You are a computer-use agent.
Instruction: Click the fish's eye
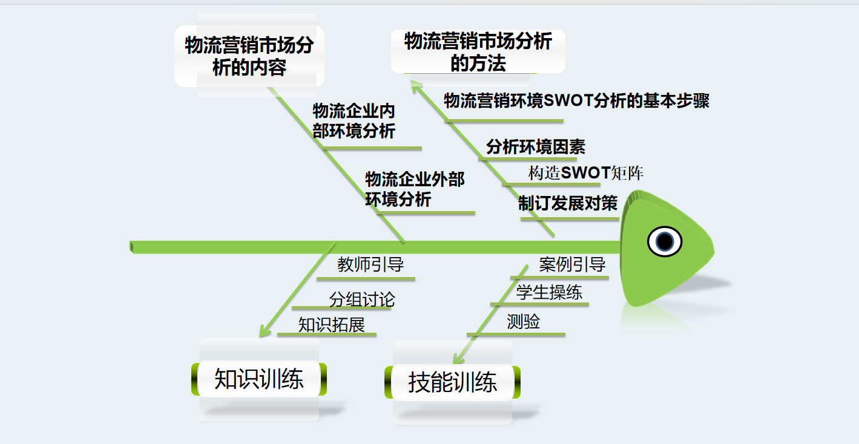pos(665,241)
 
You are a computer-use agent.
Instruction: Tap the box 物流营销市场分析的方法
pos(478,52)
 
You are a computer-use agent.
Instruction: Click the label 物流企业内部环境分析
pos(354,121)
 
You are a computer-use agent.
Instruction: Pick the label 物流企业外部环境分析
pos(415,189)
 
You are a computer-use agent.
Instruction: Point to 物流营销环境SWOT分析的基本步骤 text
pos(576,101)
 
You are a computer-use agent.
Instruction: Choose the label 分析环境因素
pos(536,147)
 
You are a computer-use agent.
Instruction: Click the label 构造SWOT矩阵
pos(585,174)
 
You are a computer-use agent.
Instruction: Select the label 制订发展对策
pos(568,203)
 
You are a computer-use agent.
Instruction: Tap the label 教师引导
pos(370,265)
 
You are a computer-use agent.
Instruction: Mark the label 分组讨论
pos(362,299)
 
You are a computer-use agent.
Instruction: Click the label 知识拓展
pos(332,325)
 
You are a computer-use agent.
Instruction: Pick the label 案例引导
pos(572,264)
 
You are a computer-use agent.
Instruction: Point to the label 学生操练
pos(549,293)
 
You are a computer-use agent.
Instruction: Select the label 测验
pos(523,322)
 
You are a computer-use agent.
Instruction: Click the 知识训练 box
pos(259,379)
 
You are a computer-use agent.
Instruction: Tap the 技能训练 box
pos(452,382)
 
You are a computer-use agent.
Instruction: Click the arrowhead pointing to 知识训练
pos(263,331)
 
